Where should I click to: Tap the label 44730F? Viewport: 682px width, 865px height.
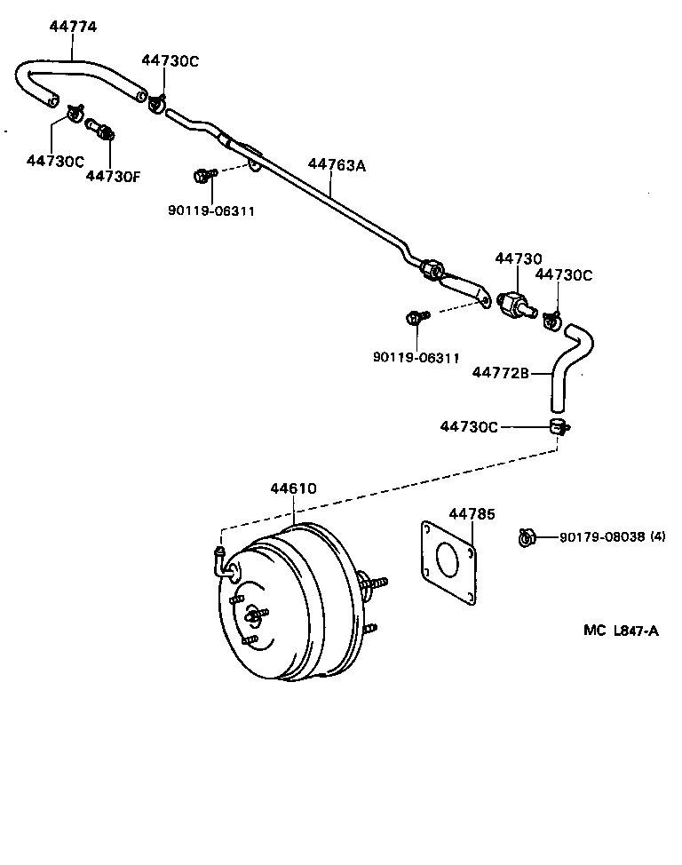(x=113, y=176)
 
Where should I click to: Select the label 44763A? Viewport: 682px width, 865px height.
(x=337, y=164)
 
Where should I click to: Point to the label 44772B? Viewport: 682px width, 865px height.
(x=500, y=374)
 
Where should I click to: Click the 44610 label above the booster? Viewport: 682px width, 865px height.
(x=293, y=488)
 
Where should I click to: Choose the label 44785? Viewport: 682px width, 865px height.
(x=472, y=514)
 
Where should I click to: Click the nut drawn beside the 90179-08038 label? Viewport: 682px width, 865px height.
(x=526, y=536)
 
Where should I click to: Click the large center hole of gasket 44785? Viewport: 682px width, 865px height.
(x=448, y=562)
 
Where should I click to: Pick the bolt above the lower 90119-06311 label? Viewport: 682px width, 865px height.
(x=415, y=318)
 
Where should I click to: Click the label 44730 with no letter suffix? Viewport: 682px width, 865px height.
(x=518, y=258)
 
